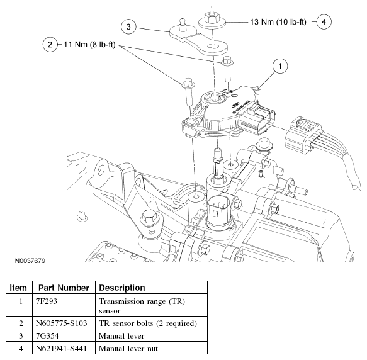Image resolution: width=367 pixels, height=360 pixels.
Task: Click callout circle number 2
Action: point(48,44)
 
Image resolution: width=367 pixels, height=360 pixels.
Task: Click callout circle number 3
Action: point(128,26)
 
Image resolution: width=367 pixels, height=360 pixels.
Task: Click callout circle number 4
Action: point(324,21)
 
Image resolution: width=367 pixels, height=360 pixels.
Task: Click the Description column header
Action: point(122,288)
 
